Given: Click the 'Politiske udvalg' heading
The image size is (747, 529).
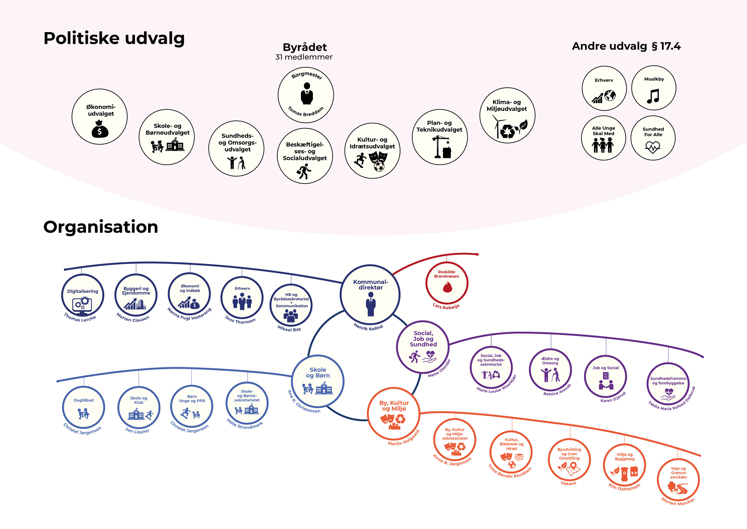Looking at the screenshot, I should [x=114, y=38].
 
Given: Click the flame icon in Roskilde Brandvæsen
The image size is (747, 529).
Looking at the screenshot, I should [x=447, y=287].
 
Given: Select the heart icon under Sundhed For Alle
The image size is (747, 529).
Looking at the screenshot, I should [x=653, y=147].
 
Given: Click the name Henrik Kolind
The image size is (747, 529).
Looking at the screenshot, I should [x=368, y=327].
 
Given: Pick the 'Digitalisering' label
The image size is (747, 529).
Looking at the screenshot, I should [x=82, y=291].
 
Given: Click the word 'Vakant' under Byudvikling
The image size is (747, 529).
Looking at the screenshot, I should [x=568, y=483].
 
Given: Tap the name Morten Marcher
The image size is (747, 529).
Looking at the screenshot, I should [x=678, y=502].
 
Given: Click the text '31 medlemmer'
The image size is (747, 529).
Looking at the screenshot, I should [x=304, y=57].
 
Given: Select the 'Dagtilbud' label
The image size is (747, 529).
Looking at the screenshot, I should [x=83, y=400].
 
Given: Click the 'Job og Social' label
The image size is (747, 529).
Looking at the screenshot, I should [x=606, y=368].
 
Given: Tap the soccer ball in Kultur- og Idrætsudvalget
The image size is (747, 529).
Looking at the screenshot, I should [x=379, y=167].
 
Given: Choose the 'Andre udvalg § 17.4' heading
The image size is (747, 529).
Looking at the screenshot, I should [x=626, y=46].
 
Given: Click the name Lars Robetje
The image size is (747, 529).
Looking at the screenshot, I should [x=446, y=306].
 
